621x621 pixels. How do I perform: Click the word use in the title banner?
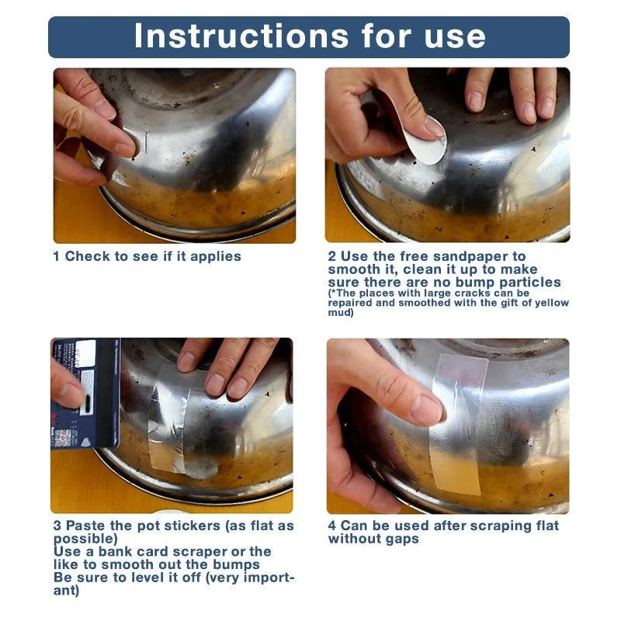pyautogui.click(x=450, y=36)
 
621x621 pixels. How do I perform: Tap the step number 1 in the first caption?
pyautogui.click(x=57, y=256)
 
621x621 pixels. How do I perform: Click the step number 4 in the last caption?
pyautogui.click(x=332, y=526)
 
